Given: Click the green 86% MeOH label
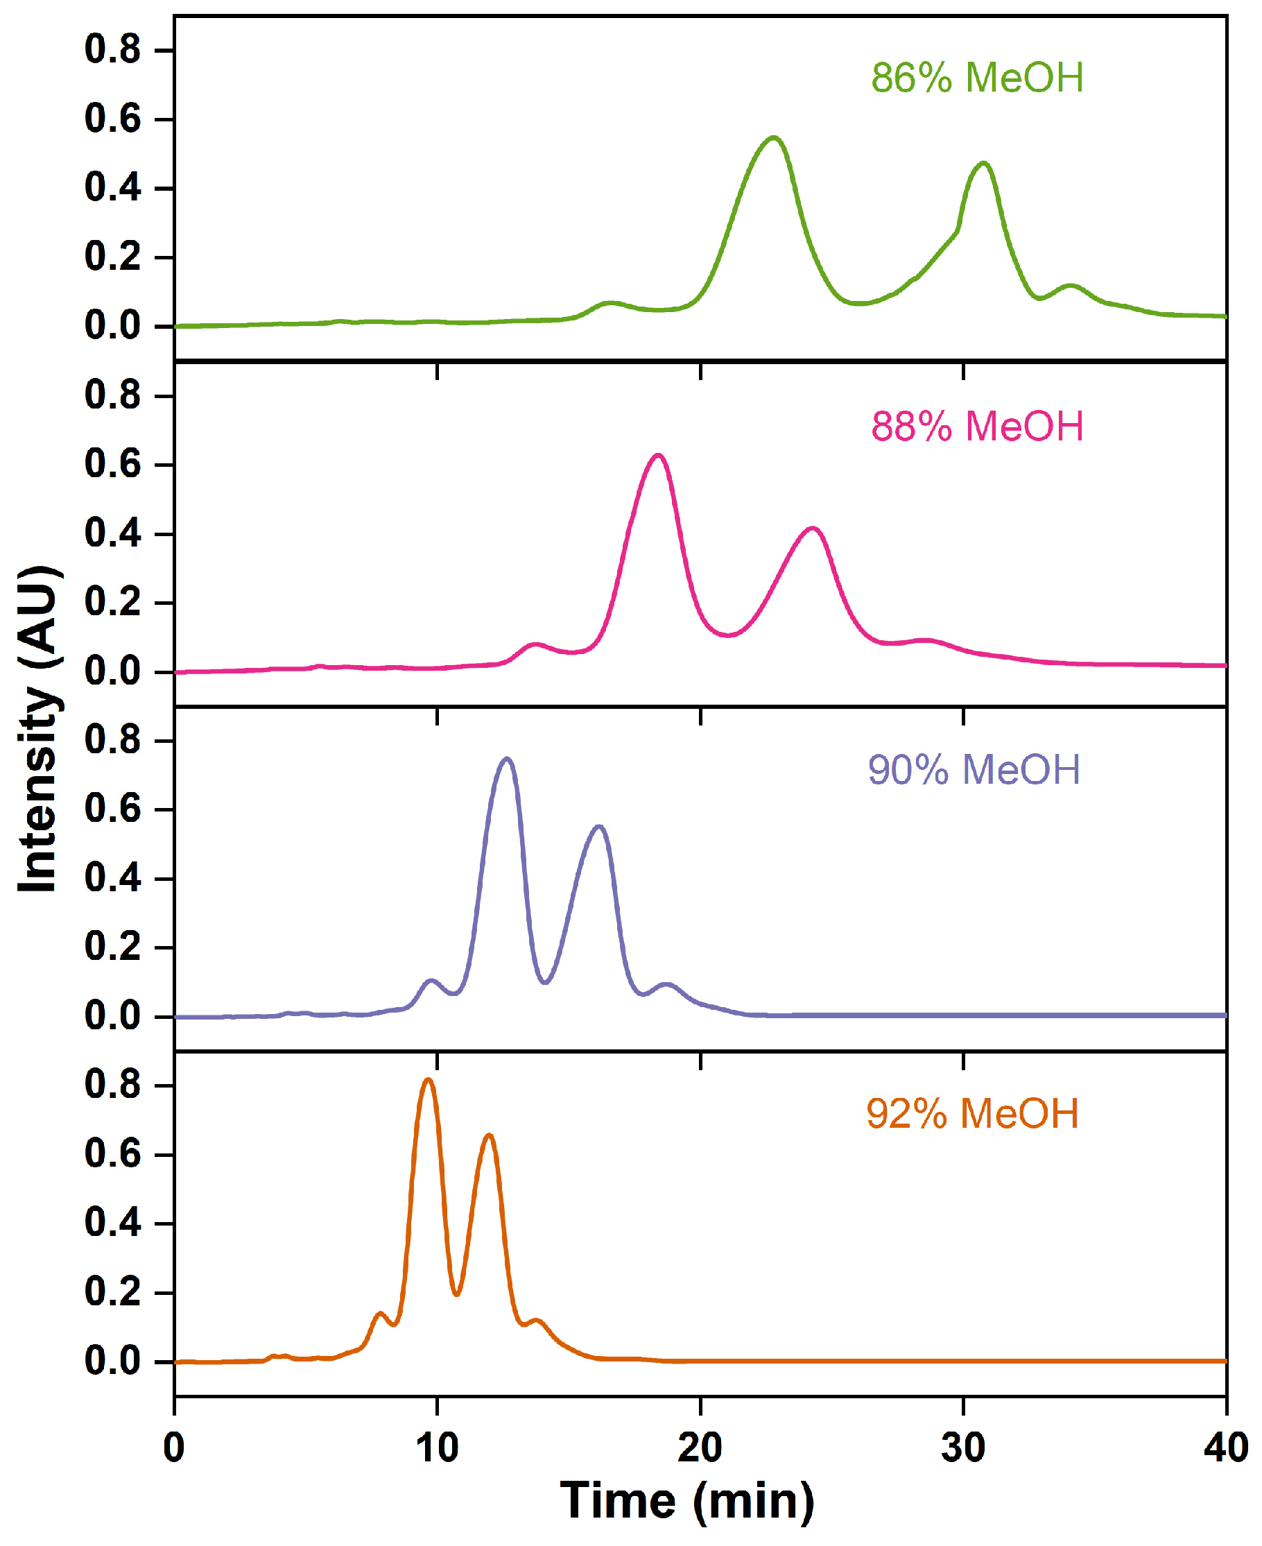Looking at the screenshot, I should (977, 78).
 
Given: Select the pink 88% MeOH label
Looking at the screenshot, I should (977, 426).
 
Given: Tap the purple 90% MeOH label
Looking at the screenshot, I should (974, 769).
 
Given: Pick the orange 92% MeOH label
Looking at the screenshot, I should (972, 1113).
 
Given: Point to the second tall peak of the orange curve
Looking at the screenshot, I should (490, 1135).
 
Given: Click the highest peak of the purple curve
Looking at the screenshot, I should (507, 759).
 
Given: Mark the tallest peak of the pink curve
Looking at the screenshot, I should (658, 456).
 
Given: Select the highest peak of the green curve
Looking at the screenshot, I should (773, 137).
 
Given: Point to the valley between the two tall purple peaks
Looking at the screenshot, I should (545, 982).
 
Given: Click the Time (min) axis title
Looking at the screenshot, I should (687, 1501).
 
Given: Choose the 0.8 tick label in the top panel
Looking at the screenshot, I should (112, 50).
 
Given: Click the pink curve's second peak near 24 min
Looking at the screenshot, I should (813, 529).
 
